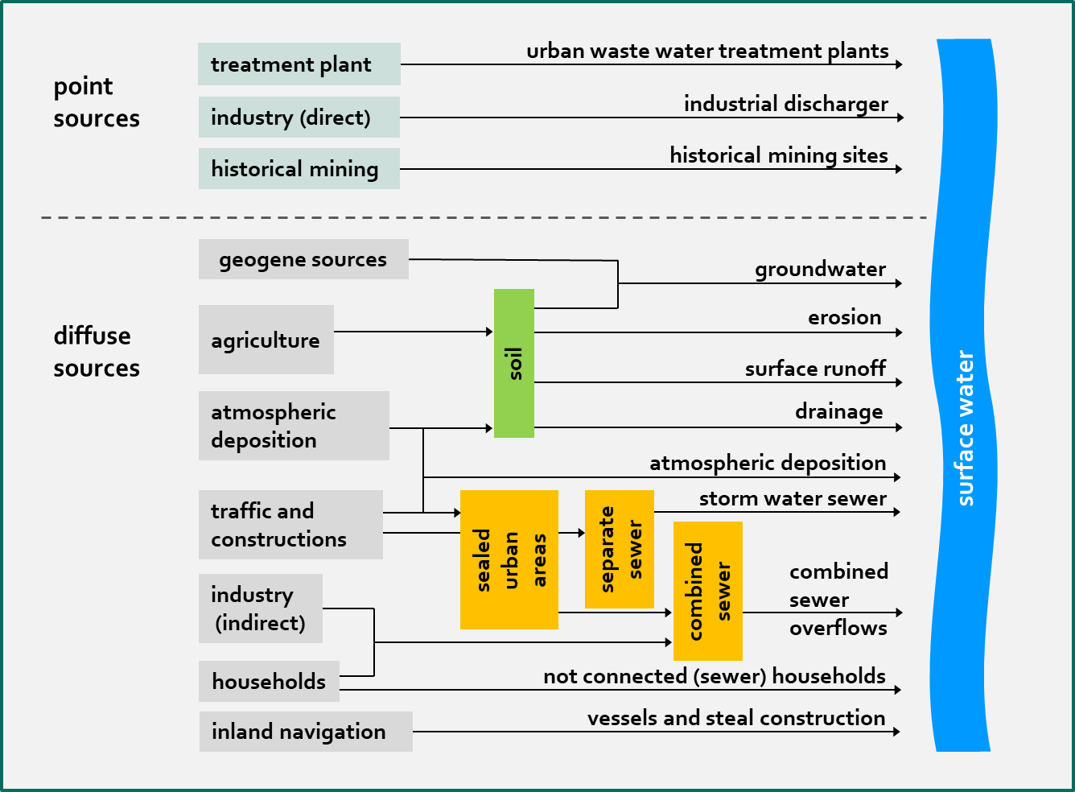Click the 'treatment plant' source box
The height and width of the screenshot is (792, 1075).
(299, 64)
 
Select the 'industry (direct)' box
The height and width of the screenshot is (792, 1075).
(299, 118)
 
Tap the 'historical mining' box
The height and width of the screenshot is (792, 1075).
(299, 169)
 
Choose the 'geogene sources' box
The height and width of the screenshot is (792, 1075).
(303, 259)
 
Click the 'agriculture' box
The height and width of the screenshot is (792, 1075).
(266, 340)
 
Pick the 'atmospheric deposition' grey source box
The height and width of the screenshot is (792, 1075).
(294, 426)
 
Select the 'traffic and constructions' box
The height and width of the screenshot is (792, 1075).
(290, 525)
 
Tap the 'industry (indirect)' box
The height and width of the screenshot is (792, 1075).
(260, 608)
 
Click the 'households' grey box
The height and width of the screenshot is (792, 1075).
(269, 682)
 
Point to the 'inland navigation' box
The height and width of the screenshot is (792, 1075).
(306, 732)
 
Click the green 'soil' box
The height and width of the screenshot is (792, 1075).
(514, 363)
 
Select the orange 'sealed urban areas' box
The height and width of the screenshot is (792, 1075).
(509, 559)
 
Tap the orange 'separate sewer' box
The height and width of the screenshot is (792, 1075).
(620, 549)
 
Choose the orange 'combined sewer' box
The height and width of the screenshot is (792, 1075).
(708, 591)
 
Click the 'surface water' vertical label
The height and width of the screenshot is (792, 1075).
(965, 428)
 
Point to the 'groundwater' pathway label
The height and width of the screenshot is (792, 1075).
(820, 269)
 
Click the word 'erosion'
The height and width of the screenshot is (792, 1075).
(844, 317)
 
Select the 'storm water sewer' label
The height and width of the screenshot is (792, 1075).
(793, 499)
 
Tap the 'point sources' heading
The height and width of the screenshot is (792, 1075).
(97, 102)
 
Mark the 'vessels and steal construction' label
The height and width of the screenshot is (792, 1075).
(736, 718)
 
